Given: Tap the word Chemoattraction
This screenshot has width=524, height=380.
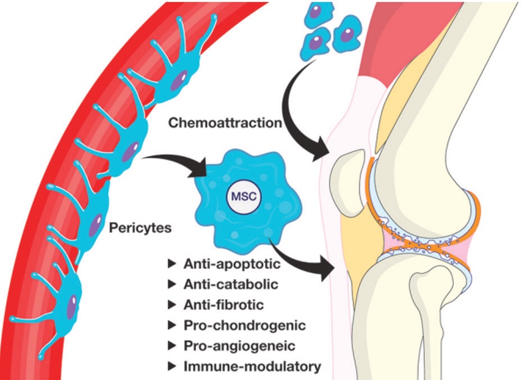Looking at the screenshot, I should tap(224, 123).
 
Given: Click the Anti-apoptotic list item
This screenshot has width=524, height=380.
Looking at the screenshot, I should tap(234, 263).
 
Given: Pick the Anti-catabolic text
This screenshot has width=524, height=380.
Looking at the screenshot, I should tap(231, 284).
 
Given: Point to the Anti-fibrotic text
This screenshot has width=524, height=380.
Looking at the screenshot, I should tap(224, 305).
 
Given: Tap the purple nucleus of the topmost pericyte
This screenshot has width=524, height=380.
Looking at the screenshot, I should tap(181, 78).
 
